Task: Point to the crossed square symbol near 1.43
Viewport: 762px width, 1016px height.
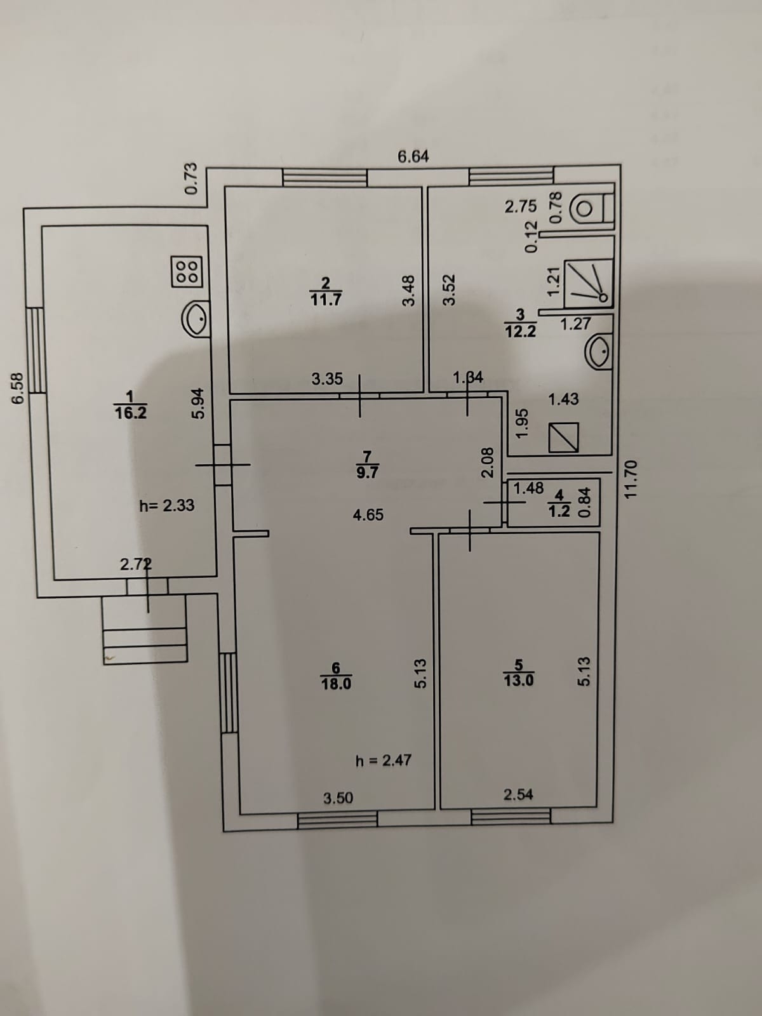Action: pos(564,438)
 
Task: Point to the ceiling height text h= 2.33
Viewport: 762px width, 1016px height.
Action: pos(166,506)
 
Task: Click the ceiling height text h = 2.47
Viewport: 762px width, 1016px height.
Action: pos(384,759)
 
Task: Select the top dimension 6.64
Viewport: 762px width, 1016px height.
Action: pos(413,156)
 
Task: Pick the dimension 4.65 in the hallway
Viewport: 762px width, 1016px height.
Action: pos(368,515)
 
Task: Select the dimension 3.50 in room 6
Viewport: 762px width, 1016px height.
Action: pos(338,798)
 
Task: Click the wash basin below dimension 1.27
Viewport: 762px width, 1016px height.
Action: pos(599,351)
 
